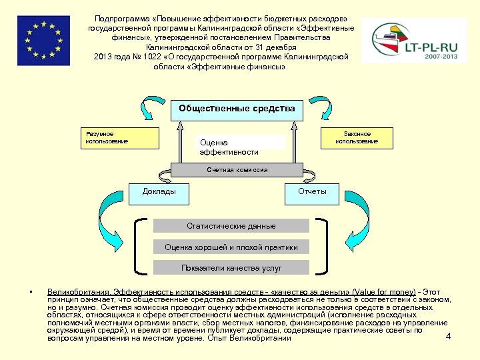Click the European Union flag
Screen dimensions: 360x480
(43, 41)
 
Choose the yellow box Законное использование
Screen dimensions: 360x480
(357, 138)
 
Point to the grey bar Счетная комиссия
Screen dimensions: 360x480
(237, 170)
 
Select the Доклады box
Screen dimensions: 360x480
(159, 193)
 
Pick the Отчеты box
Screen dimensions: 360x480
(312, 193)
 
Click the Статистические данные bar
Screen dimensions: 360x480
(231, 226)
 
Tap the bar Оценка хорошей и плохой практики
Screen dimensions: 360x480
(231, 247)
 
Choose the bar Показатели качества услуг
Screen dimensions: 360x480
(231, 268)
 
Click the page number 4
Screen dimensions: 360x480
(448, 336)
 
